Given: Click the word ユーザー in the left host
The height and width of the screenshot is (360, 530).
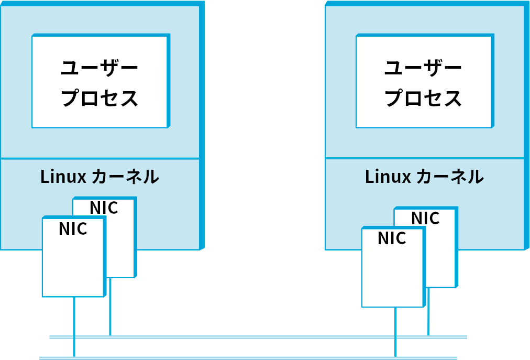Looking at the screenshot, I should [100, 68].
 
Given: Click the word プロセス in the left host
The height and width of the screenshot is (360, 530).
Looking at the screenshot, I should [100, 98].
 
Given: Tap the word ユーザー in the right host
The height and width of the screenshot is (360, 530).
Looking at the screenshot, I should [423, 68].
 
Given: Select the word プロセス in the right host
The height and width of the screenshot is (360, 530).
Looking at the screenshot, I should [423, 98].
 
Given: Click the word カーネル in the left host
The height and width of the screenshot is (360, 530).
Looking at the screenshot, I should [125, 177].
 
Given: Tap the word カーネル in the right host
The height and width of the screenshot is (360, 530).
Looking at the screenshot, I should [450, 177].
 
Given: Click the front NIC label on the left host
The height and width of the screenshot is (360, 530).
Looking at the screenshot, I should [73, 229].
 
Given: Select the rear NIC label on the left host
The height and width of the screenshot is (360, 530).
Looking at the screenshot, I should [104, 208].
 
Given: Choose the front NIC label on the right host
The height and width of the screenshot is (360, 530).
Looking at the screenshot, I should [392, 238].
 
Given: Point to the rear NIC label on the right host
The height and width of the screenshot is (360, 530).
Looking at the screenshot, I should [425, 218].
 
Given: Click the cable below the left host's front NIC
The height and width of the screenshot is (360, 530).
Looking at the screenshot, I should [74, 325].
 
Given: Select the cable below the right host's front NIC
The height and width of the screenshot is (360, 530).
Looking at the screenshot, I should [395, 330].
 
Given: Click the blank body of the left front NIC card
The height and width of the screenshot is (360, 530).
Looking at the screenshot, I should [73, 267].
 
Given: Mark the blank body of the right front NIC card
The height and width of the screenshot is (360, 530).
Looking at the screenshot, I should [392, 278].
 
